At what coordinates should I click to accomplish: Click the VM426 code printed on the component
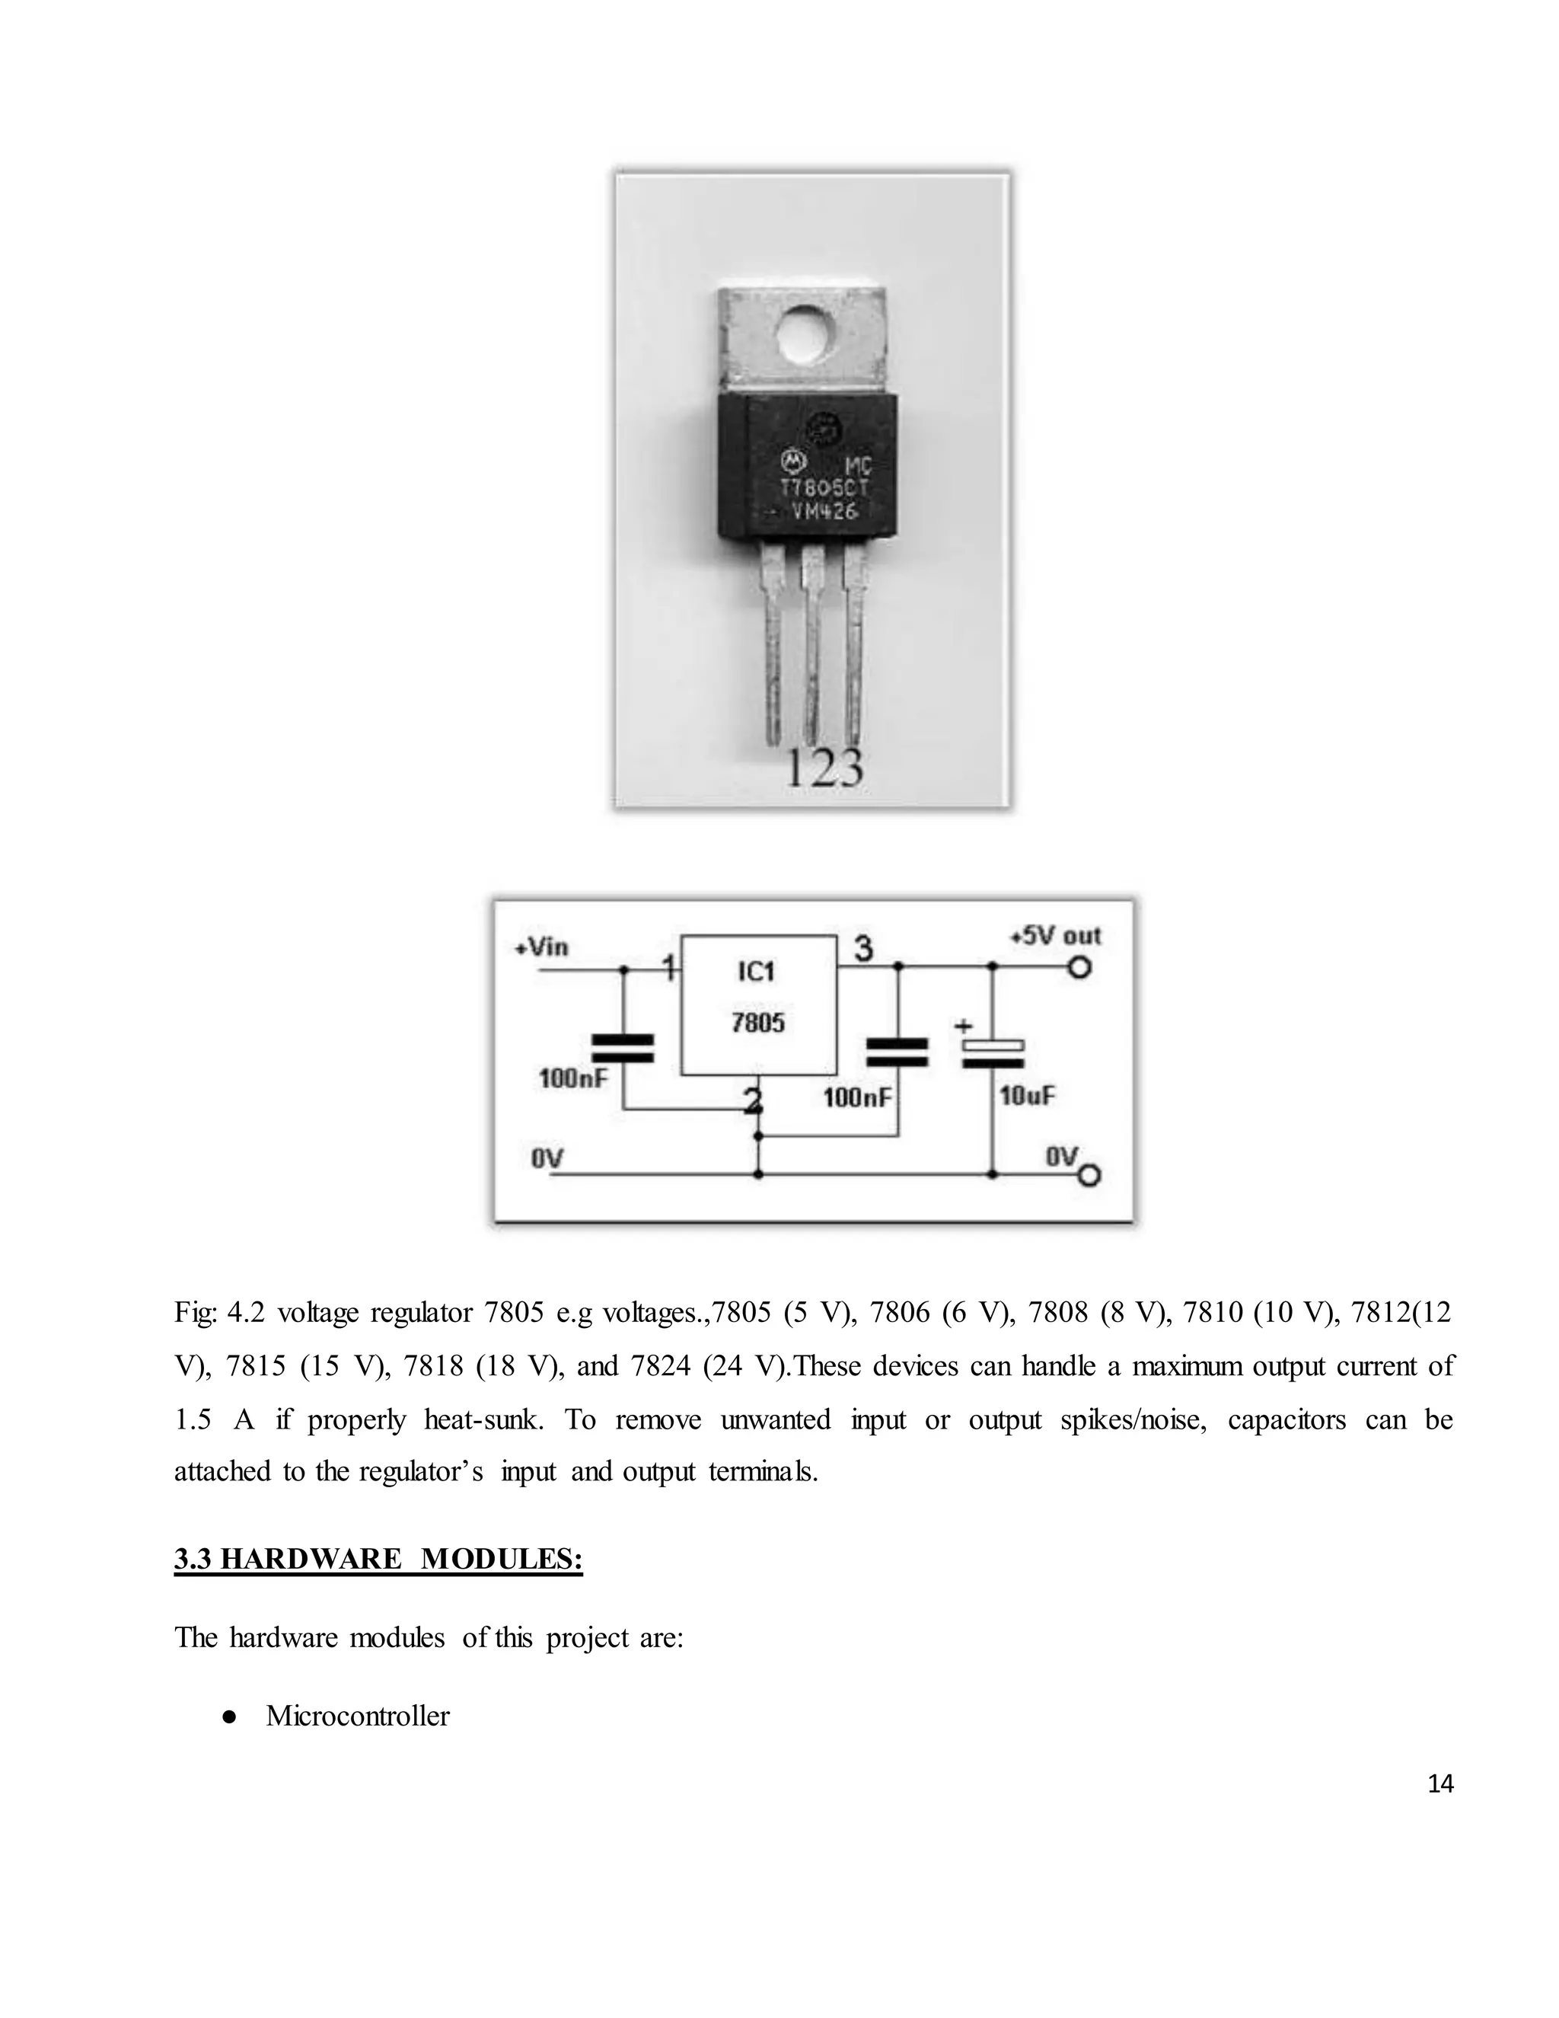tap(824, 511)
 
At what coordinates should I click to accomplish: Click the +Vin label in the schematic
tap(542, 947)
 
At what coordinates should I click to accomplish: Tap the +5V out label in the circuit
tap(1055, 936)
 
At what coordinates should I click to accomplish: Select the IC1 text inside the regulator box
tap(757, 971)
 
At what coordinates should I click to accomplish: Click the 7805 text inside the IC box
tap(757, 1023)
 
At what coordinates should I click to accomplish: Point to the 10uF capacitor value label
tap(1027, 1097)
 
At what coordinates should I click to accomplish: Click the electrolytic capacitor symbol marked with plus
tap(993, 1052)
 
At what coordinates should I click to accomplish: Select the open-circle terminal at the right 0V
tap(1090, 1175)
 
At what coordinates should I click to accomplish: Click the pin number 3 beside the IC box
tap(862, 949)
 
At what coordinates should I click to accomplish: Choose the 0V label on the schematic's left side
tap(547, 1157)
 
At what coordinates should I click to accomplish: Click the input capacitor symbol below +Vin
tap(623, 1048)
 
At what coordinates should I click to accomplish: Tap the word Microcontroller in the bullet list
tap(358, 1716)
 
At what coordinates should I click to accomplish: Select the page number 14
tap(1439, 1784)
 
